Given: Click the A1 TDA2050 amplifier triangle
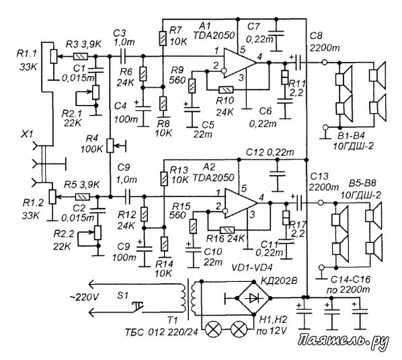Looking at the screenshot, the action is [239, 63].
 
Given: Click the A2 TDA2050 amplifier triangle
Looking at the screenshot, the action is [241, 203].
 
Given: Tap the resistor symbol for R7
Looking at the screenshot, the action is [163, 38].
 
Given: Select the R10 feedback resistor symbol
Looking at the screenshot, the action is [226, 89].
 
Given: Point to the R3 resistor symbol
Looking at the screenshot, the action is [81, 57].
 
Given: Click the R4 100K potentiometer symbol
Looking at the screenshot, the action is [110, 146].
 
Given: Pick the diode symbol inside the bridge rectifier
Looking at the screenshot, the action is [253, 298].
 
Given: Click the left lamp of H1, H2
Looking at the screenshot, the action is [214, 330].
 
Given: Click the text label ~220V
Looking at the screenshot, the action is [84, 297].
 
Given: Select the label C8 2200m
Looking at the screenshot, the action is [323, 42].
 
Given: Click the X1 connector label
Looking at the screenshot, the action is [28, 134].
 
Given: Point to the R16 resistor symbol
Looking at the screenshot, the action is [227, 230].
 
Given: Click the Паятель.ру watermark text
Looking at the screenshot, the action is [344, 342].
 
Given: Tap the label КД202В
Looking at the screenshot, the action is [279, 281].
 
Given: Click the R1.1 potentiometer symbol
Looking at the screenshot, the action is [53, 57].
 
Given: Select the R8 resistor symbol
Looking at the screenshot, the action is [163, 104].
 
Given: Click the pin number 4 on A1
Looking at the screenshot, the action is [260, 57].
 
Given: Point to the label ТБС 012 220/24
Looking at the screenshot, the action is [161, 332].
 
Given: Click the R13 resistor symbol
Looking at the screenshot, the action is [164, 179].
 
